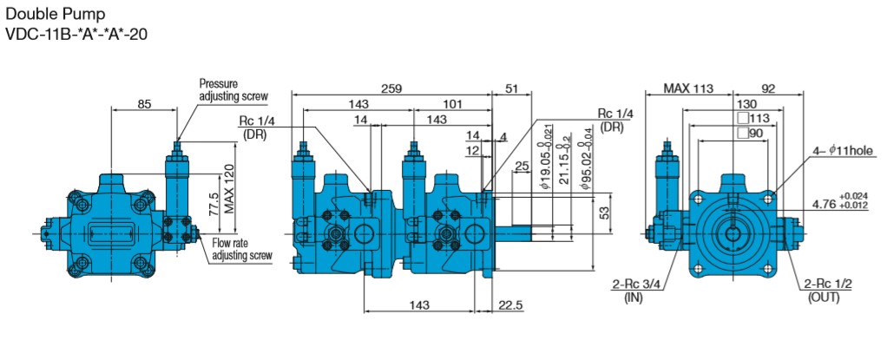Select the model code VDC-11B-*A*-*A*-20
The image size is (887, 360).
76,36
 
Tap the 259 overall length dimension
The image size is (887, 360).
391,88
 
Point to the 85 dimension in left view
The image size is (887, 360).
144,104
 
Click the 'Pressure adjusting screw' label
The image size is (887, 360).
233,89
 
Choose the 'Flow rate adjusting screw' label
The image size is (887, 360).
241,249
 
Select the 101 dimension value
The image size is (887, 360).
453,104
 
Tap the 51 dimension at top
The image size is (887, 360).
511,88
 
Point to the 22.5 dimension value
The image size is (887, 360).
511,305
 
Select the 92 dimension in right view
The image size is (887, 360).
767,88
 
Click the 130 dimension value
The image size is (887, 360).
734,103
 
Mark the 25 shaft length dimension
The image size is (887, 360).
522,166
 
